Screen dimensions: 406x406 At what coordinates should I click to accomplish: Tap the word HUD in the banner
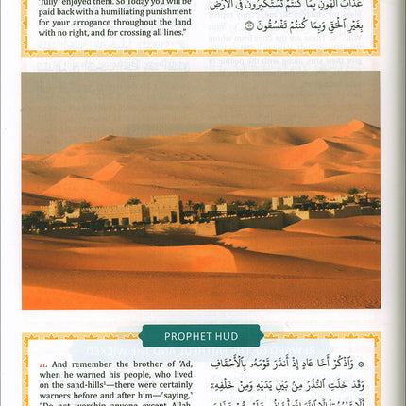point(224,335)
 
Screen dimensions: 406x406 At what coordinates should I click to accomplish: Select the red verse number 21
point(42,364)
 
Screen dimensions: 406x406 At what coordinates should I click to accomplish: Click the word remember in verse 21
point(86,364)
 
